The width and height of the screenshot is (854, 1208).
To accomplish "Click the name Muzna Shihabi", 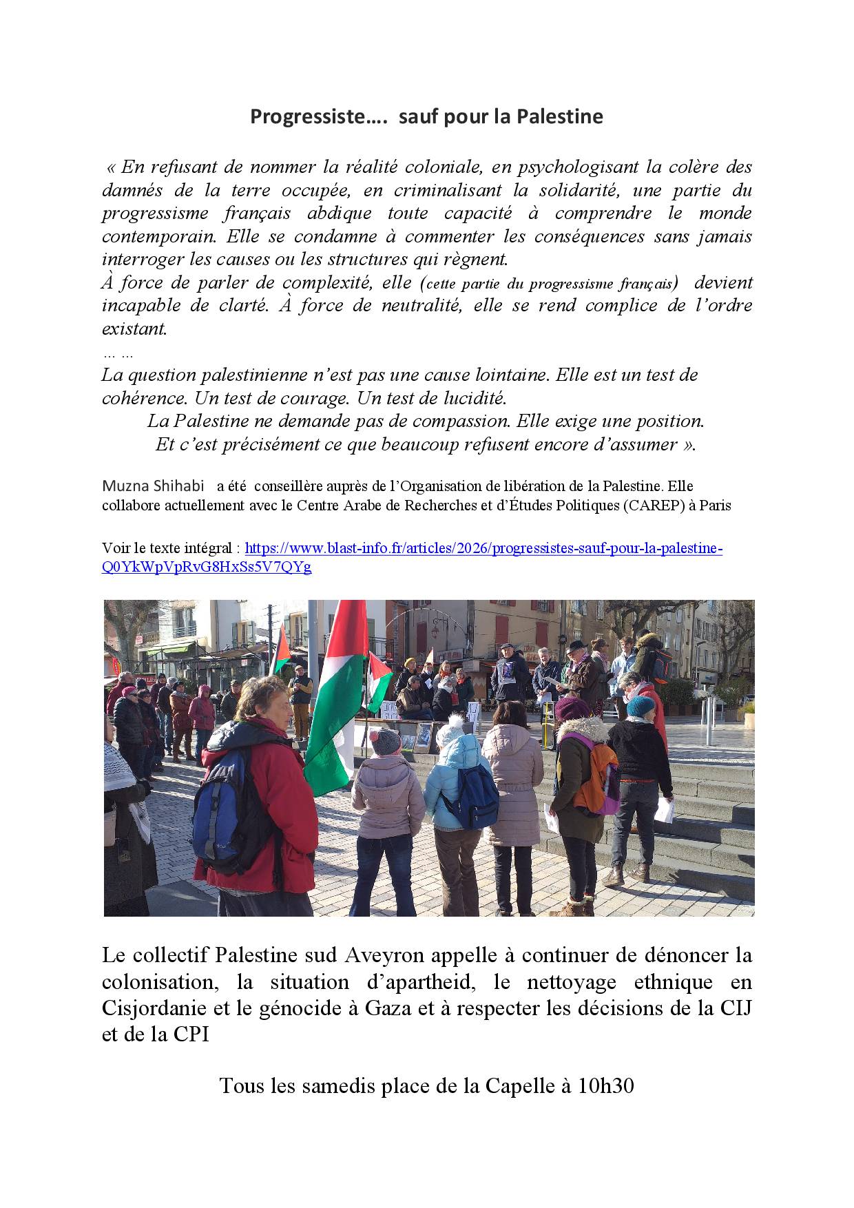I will pyautogui.click(x=153, y=486).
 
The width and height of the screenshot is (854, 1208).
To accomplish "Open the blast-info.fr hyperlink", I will pyautogui.click(x=482, y=548).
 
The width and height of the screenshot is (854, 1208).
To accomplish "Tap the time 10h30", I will pyautogui.click(x=605, y=1085).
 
